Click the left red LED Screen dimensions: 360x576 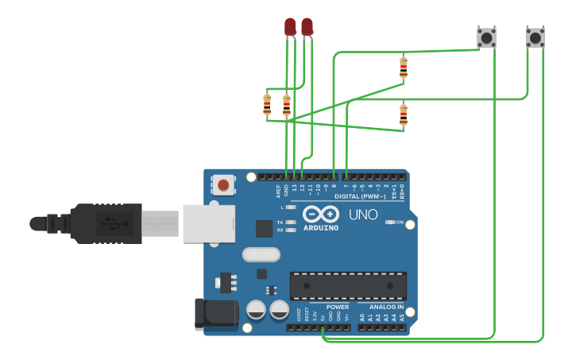[290, 27]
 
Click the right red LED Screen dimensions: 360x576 [307, 27]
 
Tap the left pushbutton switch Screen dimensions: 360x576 [486, 37]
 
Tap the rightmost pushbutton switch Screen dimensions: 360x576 [535, 37]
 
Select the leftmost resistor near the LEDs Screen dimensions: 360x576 [267, 104]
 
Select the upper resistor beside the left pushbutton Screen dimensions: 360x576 [404, 68]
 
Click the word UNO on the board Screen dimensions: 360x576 [364, 215]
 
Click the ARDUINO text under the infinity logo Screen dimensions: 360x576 [320, 228]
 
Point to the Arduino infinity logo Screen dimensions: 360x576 [320, 215]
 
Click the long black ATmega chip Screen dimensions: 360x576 [348, 285]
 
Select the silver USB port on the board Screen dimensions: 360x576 [209, 223]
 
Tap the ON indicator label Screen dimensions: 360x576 [400, 223]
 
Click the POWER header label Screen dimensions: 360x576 [338, 307]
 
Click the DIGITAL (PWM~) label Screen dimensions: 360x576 [360, 196]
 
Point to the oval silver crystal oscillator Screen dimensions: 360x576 [261, 254]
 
